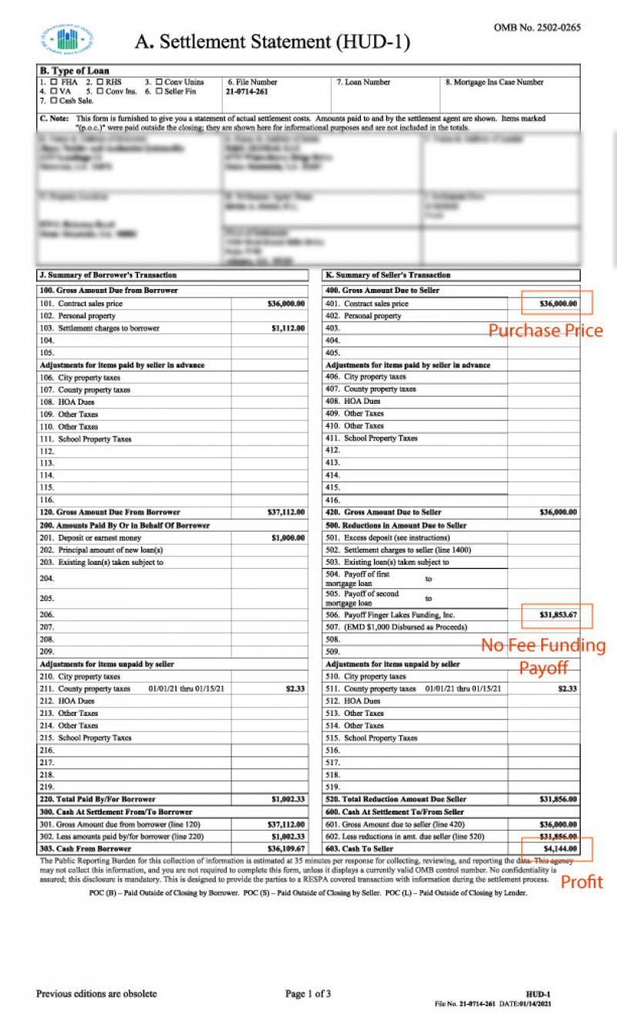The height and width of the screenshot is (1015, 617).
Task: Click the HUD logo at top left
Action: tap(67, 39)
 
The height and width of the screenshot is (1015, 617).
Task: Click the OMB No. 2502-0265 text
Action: tap(537, 28)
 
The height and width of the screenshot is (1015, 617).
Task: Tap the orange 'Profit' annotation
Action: tap(582, 882)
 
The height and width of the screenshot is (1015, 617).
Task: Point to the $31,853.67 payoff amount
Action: tap(557, 615)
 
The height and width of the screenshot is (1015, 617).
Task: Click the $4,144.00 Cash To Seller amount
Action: tap(558, 849)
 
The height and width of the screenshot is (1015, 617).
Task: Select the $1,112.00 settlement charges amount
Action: tap(288, 328)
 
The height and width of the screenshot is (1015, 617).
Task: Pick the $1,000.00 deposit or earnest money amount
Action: tap(288, 538)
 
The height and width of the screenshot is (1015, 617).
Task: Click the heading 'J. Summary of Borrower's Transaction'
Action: tap(108, 275)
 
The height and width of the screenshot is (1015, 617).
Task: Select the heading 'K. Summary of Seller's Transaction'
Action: tap(388, 275)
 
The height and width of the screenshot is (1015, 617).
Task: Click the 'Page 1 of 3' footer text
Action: tap(308, 993)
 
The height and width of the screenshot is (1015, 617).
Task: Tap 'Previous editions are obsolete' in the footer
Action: tap(96, 993)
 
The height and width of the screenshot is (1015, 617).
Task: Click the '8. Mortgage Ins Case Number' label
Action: tap(494, 82)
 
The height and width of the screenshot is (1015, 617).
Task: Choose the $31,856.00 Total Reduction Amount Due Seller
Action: tap(558, 799)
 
